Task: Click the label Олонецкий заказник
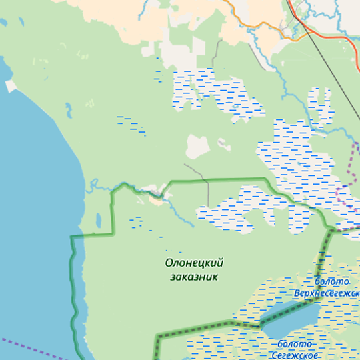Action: (194, 269)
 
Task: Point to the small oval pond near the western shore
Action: (99, 219)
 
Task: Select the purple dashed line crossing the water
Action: (33, 347)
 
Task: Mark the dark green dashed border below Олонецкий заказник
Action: (200, 326)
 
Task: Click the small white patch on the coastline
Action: (11, 86)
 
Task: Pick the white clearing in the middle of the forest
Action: (198, 146)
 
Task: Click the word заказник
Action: (194, 277)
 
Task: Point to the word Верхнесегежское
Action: (327, 293)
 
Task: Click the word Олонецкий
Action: (194, 263)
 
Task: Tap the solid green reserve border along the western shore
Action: (74, 280)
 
